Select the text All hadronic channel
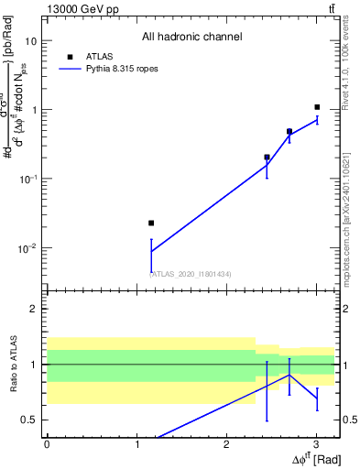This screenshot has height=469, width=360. (x=191, y=38)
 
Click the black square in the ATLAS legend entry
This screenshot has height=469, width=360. (x=70, y=57)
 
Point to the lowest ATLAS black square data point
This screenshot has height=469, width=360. (x=151, y=223)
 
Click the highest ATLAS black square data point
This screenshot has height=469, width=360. (x=317, y=107)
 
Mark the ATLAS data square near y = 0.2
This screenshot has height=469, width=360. (x=267, y=158)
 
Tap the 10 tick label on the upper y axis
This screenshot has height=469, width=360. (x=31, y=41)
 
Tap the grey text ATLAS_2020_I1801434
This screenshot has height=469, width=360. (x=191, y=273)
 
